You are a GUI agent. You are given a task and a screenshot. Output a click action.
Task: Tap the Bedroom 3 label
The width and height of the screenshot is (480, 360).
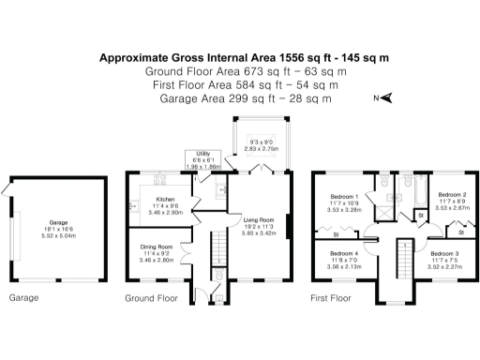coord(444,253)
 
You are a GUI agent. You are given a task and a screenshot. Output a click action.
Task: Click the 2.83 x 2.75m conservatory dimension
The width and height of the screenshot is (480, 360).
coord(262,148)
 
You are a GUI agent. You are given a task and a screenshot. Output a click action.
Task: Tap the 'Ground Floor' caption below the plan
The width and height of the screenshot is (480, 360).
coord(151,299)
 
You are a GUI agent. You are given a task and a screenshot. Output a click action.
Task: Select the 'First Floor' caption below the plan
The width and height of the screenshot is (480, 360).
coord(335,299)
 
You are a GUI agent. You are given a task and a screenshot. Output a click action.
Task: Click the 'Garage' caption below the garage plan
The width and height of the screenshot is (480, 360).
coord(22,299)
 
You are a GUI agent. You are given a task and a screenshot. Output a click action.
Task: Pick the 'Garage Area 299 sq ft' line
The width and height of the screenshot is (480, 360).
coord(239,97)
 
